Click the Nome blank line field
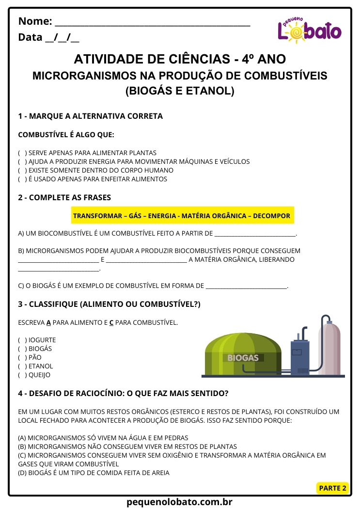coord(152,22)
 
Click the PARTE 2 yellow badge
coord(332,488)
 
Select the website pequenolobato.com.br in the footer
coord(180,502)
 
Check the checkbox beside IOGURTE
coord(22,340)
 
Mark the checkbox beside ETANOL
coord(22,366)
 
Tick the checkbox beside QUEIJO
coord(22,375)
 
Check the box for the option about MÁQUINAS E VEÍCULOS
coord(22,161)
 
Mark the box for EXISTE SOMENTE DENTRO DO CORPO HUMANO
coord(22,170)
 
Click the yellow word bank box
coord(182,216)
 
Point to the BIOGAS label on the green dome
coord(243,358)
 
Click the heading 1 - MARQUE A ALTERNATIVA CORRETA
coord(90,116)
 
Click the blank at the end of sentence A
coord(254,234)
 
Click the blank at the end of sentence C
coord(247,286)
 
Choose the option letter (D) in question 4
coord(22,473)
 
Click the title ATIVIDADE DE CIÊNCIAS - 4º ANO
coord(180,59)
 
